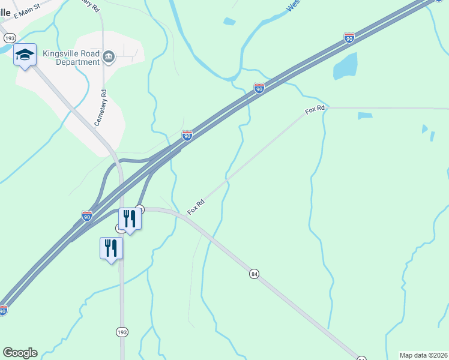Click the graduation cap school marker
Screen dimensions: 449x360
[x=25, y=55]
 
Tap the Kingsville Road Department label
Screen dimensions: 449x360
[x=71, y=57]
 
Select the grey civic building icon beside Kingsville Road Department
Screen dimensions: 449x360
[x=109, y=57]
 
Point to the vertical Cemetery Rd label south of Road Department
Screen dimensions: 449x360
[x=101, y=108]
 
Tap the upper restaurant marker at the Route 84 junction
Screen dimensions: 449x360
[x=130, y=220]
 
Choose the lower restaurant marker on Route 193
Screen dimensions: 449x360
[x=111, y=248]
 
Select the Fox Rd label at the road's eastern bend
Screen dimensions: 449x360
[x=315, y=110]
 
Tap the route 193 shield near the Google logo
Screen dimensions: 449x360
[x=122, y=332]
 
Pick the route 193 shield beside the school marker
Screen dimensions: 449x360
[x=5, y=37]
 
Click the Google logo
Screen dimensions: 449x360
[x=20, y=353]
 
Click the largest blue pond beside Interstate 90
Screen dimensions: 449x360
[x=345, y=67]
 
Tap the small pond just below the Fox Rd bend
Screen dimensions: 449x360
[x=365, y=116]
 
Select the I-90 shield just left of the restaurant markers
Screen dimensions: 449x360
[x=87, y=215]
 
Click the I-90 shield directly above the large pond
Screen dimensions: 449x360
[x=349, y=38]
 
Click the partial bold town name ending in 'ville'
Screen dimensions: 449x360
[x=5, y=13]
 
